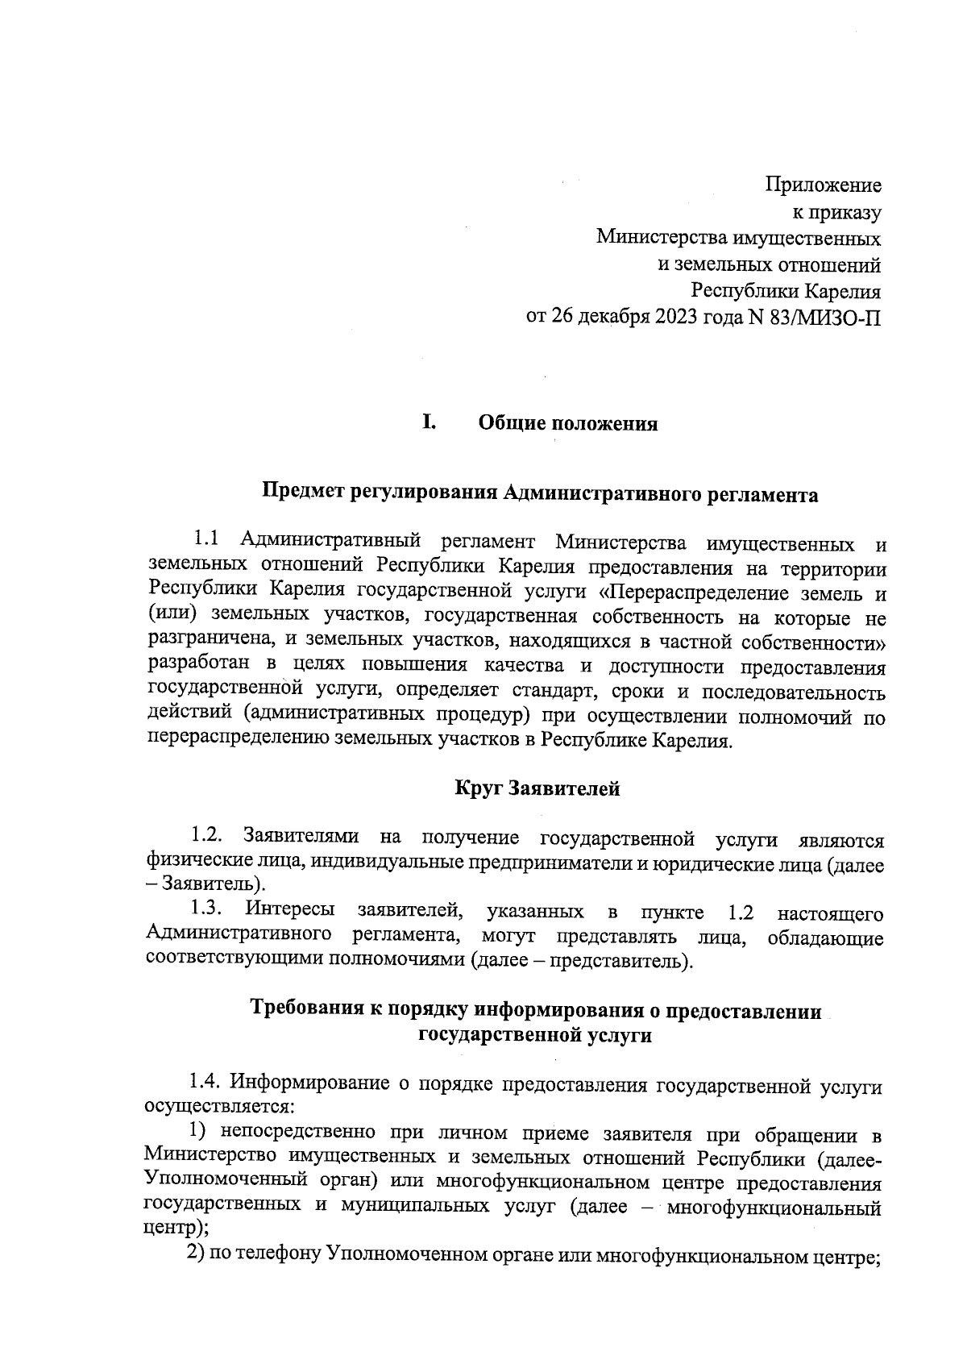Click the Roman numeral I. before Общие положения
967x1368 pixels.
pyautogui.click(x=430, y=422)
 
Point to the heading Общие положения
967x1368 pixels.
pyautogui.click(x=568, y=423)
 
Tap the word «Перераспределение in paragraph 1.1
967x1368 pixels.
pyautogui.click(x=699, y=593)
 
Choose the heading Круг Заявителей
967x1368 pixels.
pyautogui.click(x=537, y=788)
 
